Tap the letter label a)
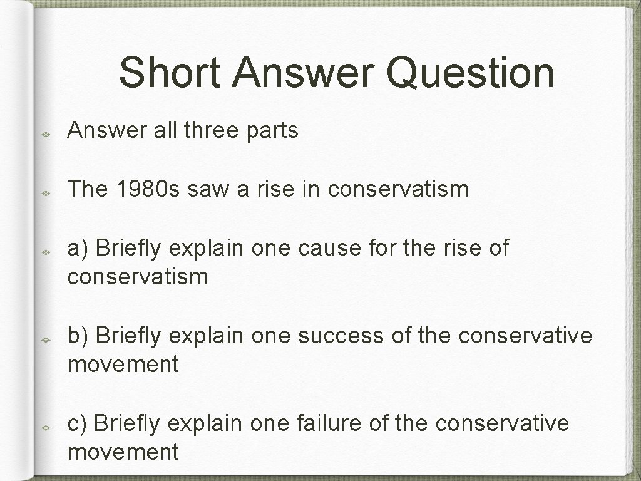point(79,248)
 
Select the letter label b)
point(79,336)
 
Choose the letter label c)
point(79,423)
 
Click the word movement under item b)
point(123,364)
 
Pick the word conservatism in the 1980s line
point(397,189)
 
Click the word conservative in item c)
point(502,423)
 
